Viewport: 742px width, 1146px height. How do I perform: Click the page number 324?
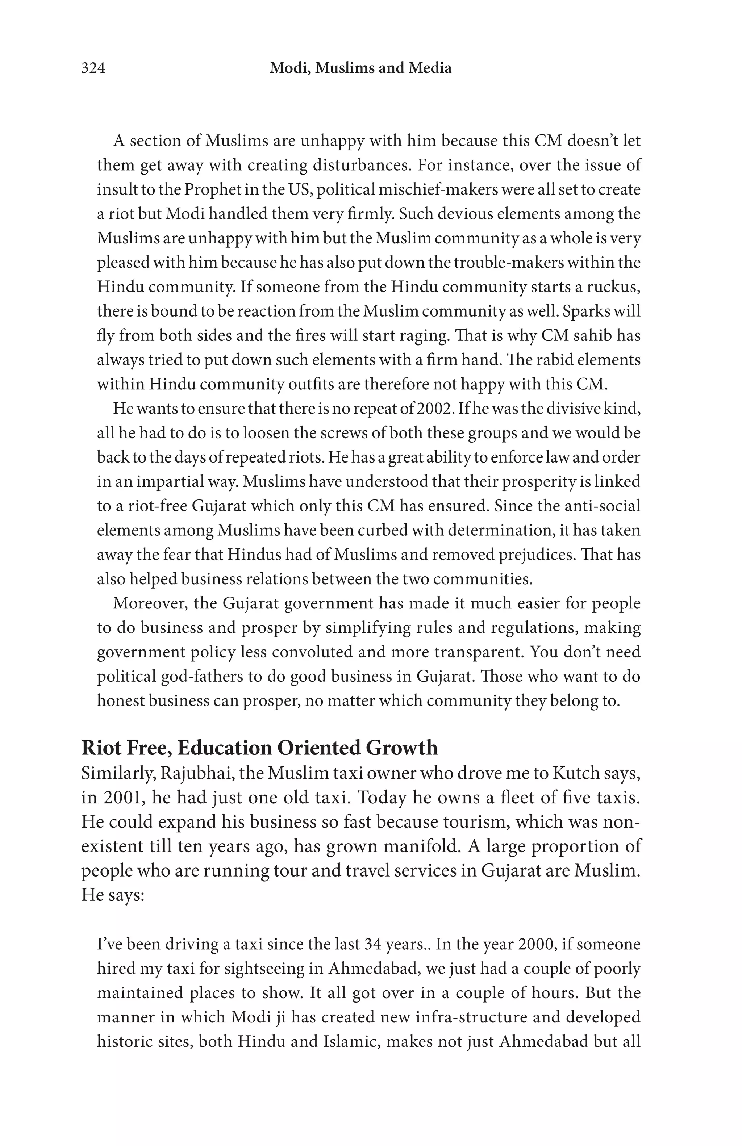pyautogui.click(x=93, y=68)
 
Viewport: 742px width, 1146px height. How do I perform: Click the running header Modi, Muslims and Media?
pyautogui.click(x=360, y=68)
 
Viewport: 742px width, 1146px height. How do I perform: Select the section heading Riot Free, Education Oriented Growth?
pyautogui.click(x=259, y=748)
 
